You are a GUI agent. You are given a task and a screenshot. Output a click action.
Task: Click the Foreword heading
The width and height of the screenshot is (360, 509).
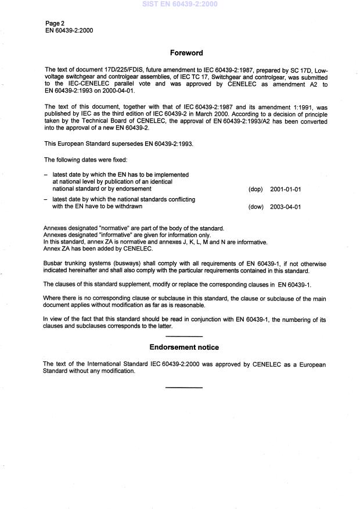pos(186,53)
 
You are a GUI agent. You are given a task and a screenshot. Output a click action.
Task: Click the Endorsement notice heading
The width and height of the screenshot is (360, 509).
pos(184,347)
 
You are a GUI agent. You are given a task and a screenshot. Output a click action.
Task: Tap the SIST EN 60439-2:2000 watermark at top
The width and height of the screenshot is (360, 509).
pos(179,4)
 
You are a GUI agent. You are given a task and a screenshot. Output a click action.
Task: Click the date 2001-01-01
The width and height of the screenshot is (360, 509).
pos(286,189)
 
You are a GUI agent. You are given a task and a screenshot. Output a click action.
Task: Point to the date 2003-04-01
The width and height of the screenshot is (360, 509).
pos(286,207)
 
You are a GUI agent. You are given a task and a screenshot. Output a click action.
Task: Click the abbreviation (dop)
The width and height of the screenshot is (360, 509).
pos(255,189)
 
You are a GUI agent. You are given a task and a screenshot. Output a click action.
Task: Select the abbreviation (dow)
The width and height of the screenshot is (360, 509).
pos(255,207)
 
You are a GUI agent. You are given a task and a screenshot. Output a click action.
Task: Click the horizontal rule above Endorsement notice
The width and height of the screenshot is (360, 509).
pos(184,336)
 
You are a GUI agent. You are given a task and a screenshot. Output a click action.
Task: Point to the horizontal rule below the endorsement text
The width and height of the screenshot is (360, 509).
pos(184,387)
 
